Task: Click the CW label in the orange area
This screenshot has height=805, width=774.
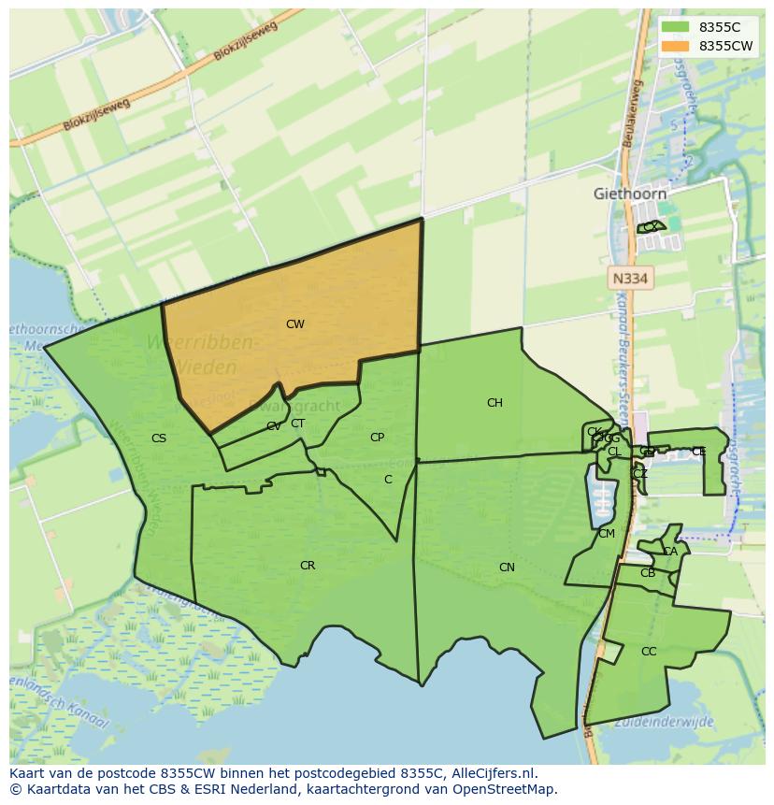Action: click(294, 324)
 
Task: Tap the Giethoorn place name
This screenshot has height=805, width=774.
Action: click(630, 194)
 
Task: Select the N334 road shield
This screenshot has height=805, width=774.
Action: click(630, 278)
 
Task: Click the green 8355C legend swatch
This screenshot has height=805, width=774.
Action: click(675, 27)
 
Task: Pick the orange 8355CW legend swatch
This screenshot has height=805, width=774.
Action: click(675, 45)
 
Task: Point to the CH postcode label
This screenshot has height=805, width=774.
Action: click(494, 403)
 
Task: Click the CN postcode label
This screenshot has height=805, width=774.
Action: click(507, 568)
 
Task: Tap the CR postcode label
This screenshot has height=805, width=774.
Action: click(308, 566)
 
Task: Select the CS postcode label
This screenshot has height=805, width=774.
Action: click(159, 438)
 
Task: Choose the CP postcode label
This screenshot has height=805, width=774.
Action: click(377, 437)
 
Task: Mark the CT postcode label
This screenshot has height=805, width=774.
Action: click(297, 423)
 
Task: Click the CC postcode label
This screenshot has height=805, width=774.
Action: click(649, 652)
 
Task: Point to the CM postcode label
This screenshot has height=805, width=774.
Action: click(607, 534)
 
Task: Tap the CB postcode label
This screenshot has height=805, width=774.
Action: click(648, 573)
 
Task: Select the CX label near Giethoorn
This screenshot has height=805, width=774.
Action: click(650, 227)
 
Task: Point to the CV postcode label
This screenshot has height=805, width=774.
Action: click(273, 426)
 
